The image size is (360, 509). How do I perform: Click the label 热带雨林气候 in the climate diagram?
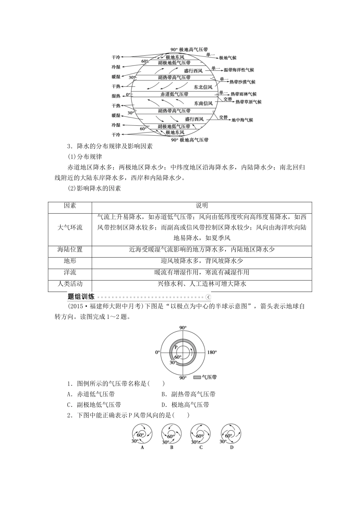coord(246,94)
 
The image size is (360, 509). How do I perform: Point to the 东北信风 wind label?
coord(203,87)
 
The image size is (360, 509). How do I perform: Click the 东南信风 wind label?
coord(203,103)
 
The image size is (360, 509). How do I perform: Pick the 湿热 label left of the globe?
coord(116,96)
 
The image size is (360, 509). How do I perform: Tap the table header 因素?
coord(70,206)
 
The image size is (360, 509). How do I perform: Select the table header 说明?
coord(202,206)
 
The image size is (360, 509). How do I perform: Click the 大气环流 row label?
coord(70,227)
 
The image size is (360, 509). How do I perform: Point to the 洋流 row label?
coord(70,272)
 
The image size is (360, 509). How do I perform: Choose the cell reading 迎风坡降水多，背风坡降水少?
coord(202,261)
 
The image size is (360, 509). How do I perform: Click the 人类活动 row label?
coord(70,283)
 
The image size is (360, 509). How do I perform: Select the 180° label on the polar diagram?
coord(212,352)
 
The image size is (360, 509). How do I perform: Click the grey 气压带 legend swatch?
coord(197,377)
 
